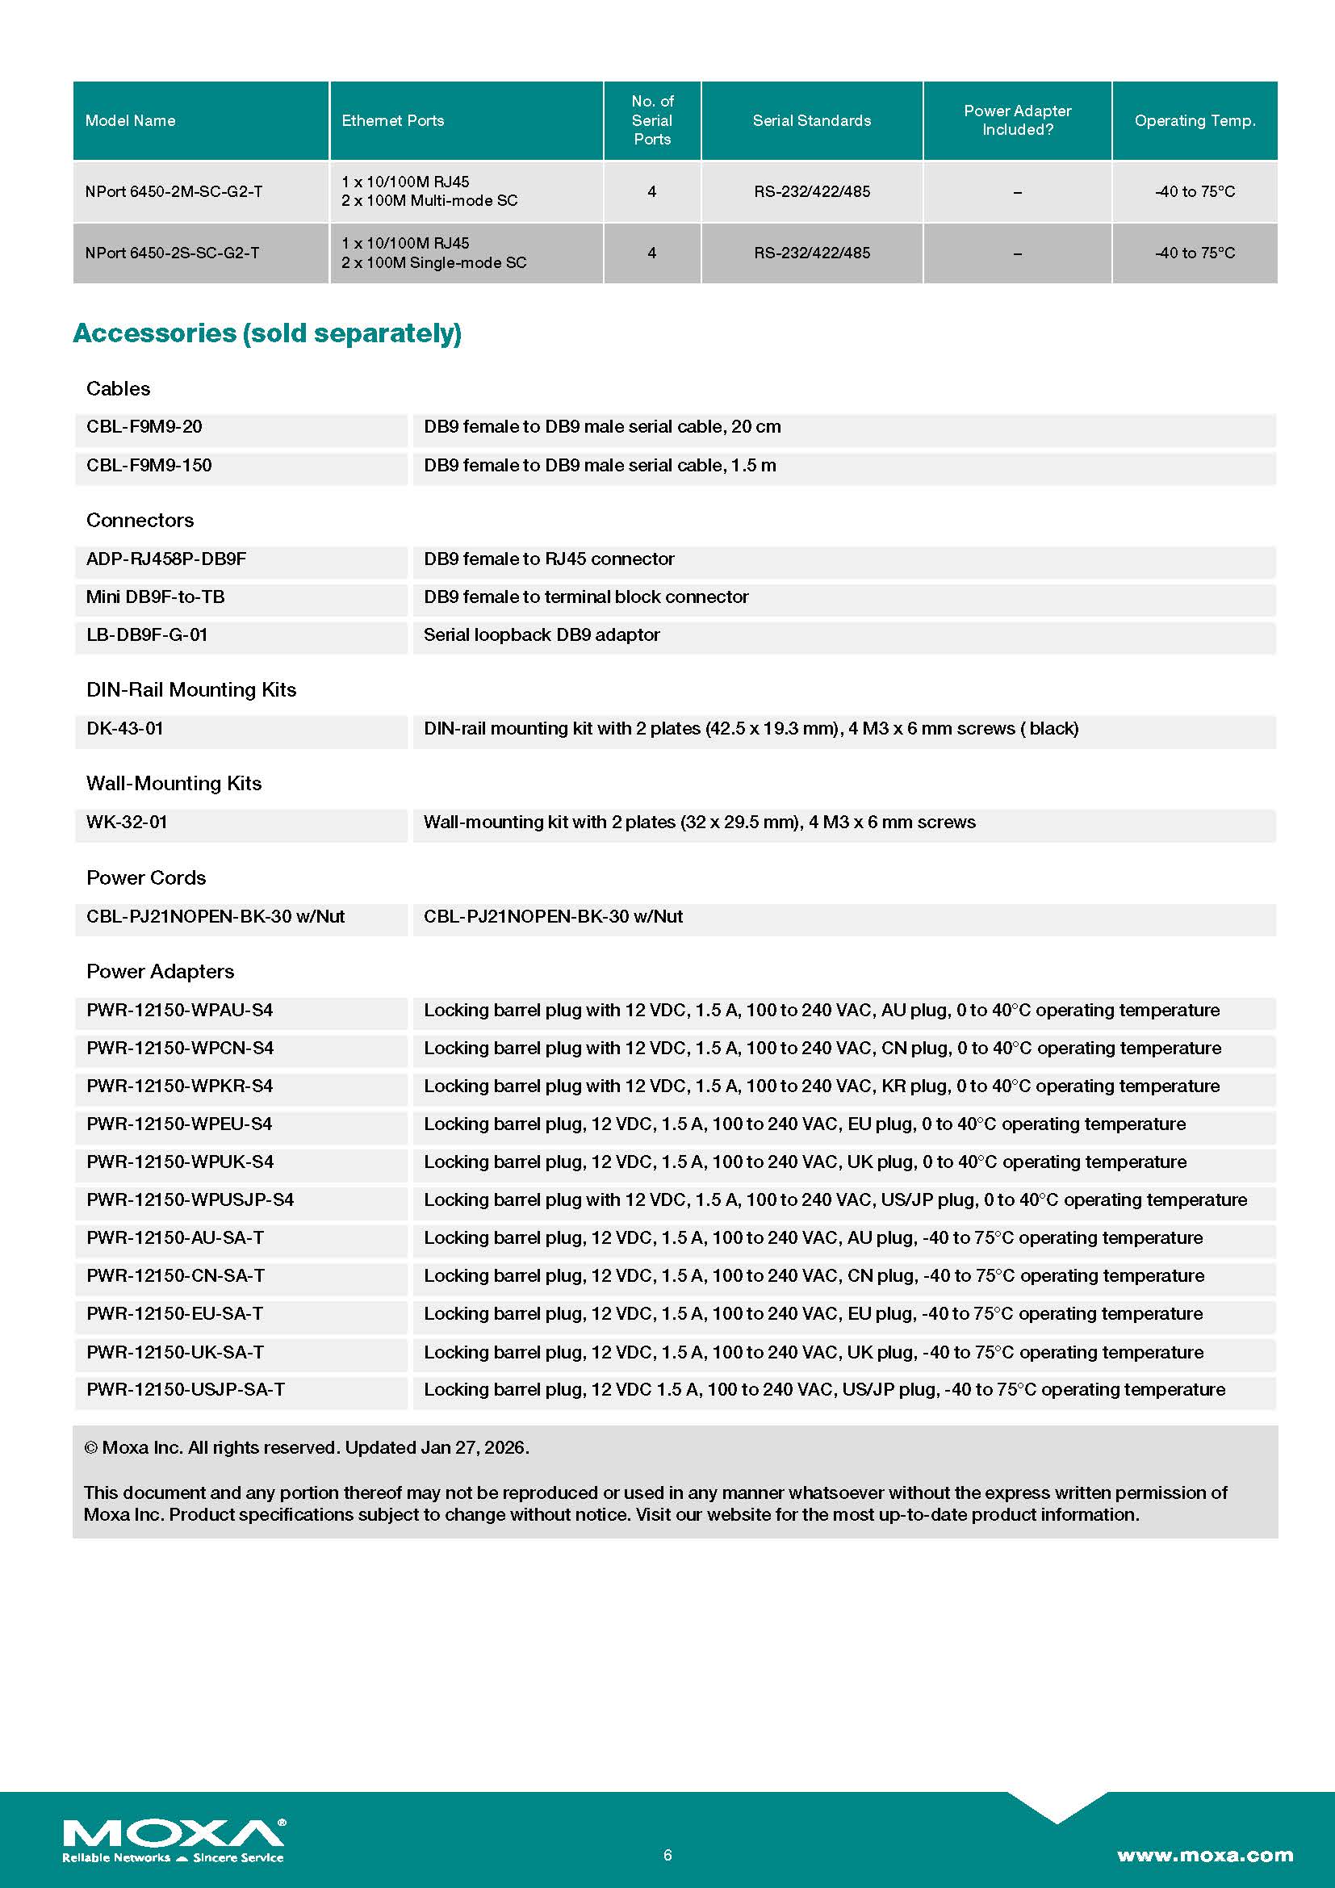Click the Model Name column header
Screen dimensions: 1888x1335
[130, 121]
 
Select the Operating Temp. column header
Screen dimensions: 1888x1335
[1195, 121]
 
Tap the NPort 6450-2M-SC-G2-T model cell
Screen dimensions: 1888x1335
[174, 191]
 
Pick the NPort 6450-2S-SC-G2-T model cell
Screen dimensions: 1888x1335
[172, 253]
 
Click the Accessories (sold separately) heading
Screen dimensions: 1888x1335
[267, 333]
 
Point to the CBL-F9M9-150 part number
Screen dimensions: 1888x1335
[149, 466]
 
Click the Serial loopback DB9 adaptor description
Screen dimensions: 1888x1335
[541, 634]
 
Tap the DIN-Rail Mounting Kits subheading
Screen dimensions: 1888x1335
[190, 690]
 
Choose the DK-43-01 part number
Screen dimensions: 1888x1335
[124, 729]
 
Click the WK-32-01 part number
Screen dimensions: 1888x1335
[127, 823]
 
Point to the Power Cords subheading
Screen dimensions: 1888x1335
[145, 878]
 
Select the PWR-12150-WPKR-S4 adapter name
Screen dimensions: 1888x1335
[179, 1086]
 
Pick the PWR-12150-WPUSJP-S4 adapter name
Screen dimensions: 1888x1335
[190, 1199]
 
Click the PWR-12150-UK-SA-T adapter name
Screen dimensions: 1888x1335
[175, 1352]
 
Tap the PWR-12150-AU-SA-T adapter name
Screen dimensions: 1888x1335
[175, 1237]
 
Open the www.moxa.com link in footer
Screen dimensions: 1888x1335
[1204, 1855]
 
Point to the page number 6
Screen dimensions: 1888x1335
[667, 1855]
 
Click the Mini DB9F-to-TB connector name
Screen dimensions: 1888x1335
[154, 597]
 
